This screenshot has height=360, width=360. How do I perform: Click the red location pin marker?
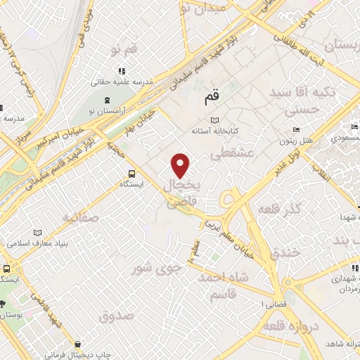181,165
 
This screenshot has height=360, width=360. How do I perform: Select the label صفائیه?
87,218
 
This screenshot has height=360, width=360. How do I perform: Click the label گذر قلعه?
279,210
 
